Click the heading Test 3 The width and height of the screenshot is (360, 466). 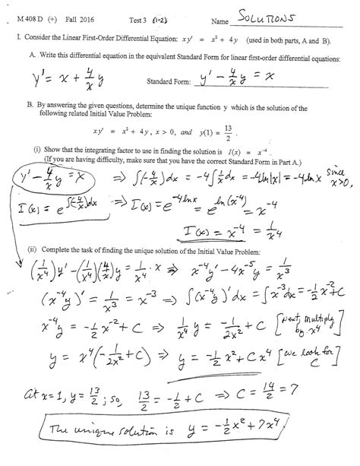pyautogui.click(x=163, y=18)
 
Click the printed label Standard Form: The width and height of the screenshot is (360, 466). pyautogui.click(x=169, y=80)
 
